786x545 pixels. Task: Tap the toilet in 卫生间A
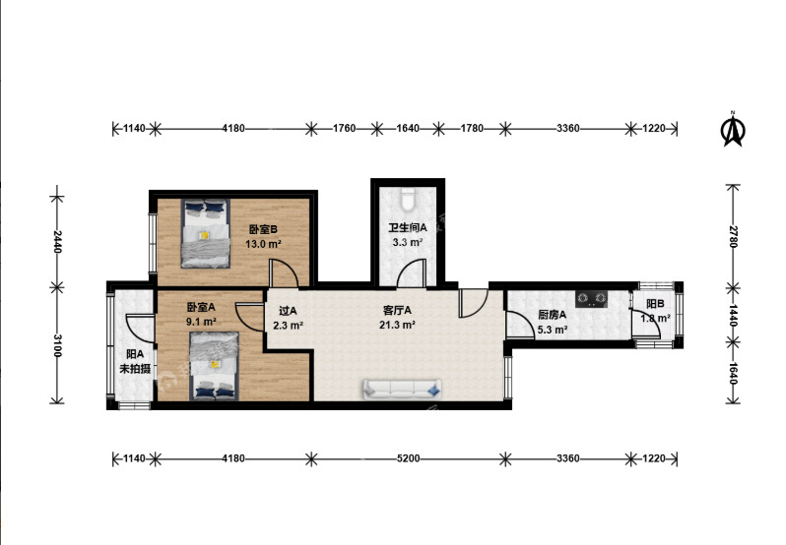pos(408,198)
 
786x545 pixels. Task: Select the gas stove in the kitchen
pos(592,299)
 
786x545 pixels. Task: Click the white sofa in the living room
pos(402,390)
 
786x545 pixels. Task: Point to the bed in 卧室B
pos(206,233)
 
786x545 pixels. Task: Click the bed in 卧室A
pos(214,366)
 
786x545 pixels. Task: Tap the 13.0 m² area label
pos(263,244)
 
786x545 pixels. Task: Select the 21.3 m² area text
pos(397,325)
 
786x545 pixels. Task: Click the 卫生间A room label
pos(408,227)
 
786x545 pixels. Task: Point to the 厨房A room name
pos(552,315)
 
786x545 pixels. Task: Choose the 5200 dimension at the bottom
pos(408,458)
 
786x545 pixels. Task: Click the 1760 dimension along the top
pos(345,129)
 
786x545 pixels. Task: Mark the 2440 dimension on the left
pos(57,241)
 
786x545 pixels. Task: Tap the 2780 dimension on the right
pos(733,236)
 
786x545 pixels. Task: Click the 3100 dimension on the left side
pos(57,345)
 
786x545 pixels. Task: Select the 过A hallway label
pos(288,311)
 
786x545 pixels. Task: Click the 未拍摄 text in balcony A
pos(135,369)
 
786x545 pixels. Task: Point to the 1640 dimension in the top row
pos(408,129)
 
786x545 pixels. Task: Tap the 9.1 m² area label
pos(201,322)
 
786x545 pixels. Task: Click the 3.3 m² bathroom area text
pos(408,243)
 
